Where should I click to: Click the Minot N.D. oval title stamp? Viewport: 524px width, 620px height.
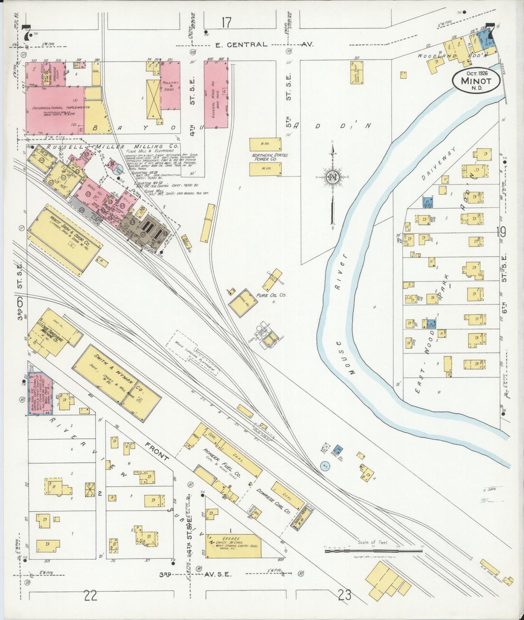pyautogui.click(x=476, y=80)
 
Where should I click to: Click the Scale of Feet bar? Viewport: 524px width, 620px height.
pyautogui.click(x=374, y=551)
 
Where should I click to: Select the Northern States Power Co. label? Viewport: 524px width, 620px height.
pyautogui.click(x=270, y=157)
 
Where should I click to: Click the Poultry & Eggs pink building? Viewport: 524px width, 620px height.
pyautogui.click(x=170, y=86)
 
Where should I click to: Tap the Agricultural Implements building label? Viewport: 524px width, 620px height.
pyautogui.click(x=61, y=108)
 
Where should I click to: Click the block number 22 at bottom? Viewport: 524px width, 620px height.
pyautogui.click(x=90, y=595)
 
